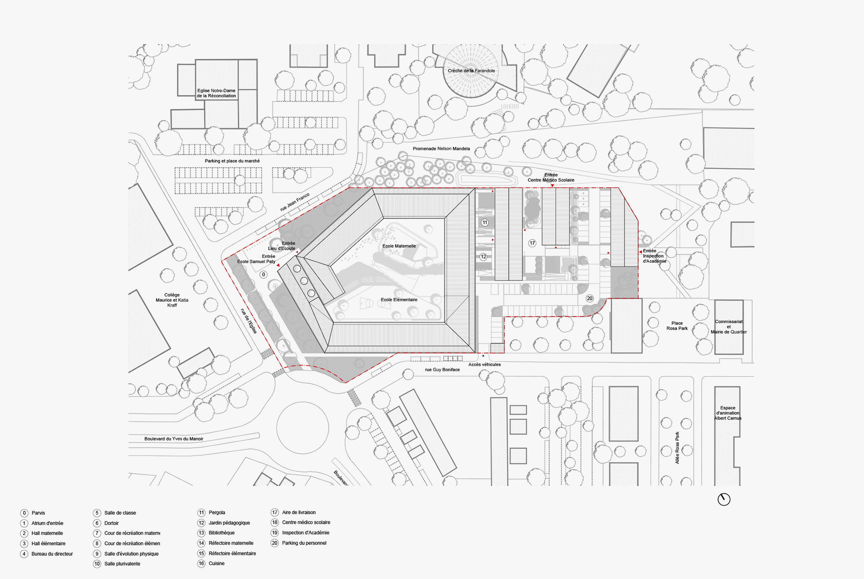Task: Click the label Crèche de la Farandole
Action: coord(471,71)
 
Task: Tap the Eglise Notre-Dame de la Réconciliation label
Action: coord(216,93)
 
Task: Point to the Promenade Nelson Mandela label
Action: coord(441,149)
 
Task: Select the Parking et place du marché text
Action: coord(232,161)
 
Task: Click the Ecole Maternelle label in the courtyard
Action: coord(399,246)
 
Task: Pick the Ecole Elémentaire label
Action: coord(399,300)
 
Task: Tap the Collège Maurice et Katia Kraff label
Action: coord(172,300)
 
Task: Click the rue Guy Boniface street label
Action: coord(442,370)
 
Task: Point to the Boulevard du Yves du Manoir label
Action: coord(174,439)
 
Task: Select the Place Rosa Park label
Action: coord(677,326)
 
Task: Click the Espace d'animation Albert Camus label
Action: coord(727,413)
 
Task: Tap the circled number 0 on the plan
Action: coord(264,274)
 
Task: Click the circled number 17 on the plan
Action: coord(532,243)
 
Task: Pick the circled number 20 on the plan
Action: coord(590,299)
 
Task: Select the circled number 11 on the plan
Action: coord(485,223)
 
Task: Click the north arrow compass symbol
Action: coord(724,499)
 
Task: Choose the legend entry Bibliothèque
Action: coord(221,533)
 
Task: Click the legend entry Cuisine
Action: coord(216,563)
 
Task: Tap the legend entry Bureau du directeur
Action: coord(52,554)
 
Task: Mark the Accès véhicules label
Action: coord(484,365)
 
